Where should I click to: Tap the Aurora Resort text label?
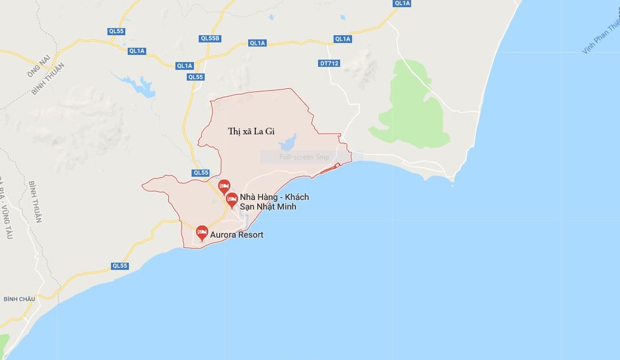236,235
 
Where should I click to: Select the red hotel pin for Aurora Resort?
202,232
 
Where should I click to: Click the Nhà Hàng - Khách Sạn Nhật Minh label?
274,202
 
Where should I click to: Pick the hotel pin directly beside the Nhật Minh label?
232,200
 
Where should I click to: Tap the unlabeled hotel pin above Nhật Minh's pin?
224,186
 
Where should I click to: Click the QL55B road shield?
210,38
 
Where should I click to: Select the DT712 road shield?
329,63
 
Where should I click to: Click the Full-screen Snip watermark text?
304,157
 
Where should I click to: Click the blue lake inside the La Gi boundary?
288,142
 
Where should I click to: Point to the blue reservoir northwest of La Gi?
141,87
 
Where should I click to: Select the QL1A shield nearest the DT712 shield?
343,39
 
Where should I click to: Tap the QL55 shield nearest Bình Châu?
119,266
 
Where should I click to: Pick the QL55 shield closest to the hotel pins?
201,173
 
